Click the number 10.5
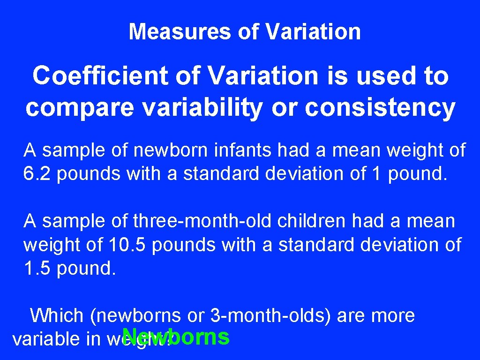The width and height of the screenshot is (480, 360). point(123,245)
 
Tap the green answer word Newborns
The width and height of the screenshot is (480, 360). point(176,337)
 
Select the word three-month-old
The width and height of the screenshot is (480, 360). point(202,220)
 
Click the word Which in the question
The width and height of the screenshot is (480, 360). point(57,315)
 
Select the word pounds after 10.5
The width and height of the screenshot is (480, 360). point(184,245)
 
